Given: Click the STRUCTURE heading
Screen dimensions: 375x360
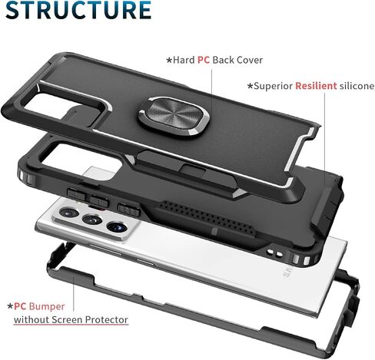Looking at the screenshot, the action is pos(78,10).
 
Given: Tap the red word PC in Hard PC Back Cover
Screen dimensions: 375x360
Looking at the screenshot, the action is pos(204,60).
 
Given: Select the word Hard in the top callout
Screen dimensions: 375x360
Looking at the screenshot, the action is pos(184,60).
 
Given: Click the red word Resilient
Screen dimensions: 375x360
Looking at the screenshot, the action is pos(316,86).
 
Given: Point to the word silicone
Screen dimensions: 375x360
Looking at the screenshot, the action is pos(357,86).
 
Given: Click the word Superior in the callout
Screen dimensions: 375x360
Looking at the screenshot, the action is pos(273,86).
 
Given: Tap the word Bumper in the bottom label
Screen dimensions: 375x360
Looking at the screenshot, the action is pos(47,306).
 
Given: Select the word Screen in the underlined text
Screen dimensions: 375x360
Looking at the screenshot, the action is pos(67,320).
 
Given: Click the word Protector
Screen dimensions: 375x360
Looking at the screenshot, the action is pos(107,320).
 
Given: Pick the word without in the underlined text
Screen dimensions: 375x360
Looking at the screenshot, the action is pos(32,320).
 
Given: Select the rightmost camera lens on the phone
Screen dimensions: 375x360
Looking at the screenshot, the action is pos(117,226).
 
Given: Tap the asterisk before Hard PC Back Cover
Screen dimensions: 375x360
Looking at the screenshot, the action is pos(169,61).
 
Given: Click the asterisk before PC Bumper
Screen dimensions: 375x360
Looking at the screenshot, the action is pos(10,306).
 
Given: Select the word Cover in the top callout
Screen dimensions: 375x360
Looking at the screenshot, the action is pos(250,60).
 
